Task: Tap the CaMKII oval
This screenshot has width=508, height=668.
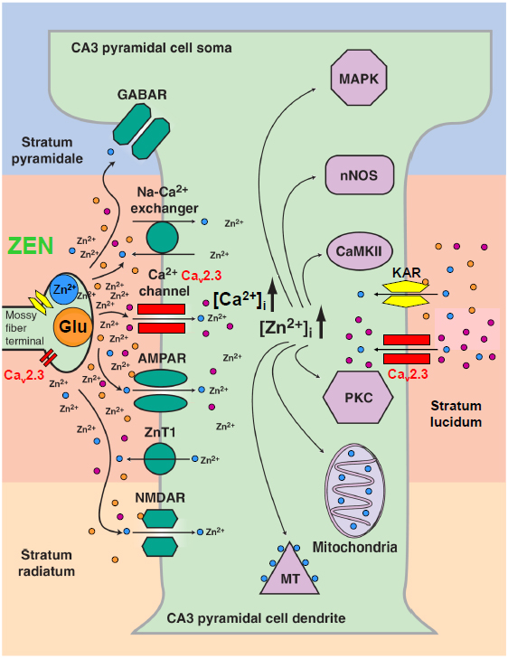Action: pos(359,249)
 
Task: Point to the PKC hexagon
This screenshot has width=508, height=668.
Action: pos(359,373)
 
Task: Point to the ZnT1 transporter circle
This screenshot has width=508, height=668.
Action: pos(162,459)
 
